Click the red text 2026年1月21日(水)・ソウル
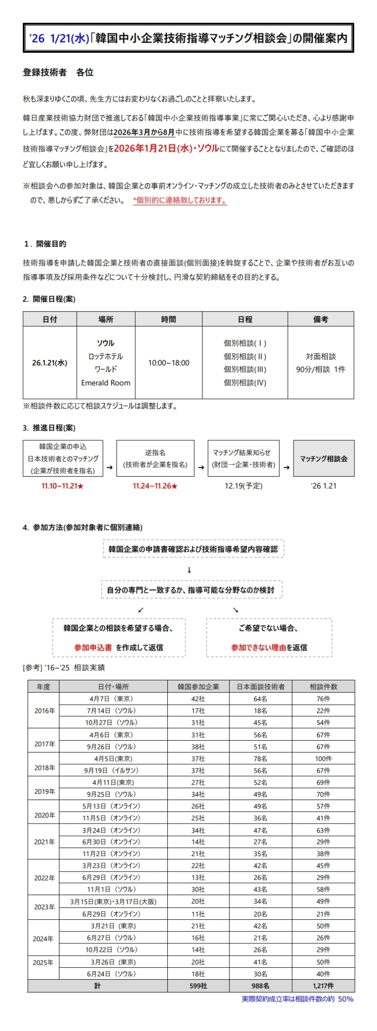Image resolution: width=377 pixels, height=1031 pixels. pos(166,148)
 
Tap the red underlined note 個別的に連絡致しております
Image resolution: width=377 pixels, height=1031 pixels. pos(180,200)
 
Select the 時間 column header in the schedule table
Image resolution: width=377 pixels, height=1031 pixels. pos(169,319)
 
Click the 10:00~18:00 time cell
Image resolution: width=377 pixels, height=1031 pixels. pos(169,363)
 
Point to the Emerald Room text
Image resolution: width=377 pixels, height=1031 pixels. pos(106,383)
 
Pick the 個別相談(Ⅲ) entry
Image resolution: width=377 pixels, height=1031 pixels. pos(245,370)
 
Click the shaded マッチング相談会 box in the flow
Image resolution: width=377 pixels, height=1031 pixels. pos(324,458)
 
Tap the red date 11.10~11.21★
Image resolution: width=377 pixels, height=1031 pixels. pos(63,486)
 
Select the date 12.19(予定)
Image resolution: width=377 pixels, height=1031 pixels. pos(244,486)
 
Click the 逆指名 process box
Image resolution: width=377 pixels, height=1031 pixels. pos(155,458)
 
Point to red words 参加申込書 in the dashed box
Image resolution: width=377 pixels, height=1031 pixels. pos(93,647)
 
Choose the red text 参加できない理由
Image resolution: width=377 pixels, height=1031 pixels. pos(258,647)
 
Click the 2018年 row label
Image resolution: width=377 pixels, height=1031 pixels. pos(44,767)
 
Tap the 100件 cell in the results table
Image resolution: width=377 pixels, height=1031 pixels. pos(323,759)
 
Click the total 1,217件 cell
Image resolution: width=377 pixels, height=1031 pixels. pos(323,985)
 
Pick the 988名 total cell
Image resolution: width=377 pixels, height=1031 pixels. pos(260,985)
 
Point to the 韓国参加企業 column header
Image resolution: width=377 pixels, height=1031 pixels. pos(198,686)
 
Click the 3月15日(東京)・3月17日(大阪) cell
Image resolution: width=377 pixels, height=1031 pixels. pos(113,902)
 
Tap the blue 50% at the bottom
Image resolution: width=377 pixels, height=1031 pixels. pos(345,998)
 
